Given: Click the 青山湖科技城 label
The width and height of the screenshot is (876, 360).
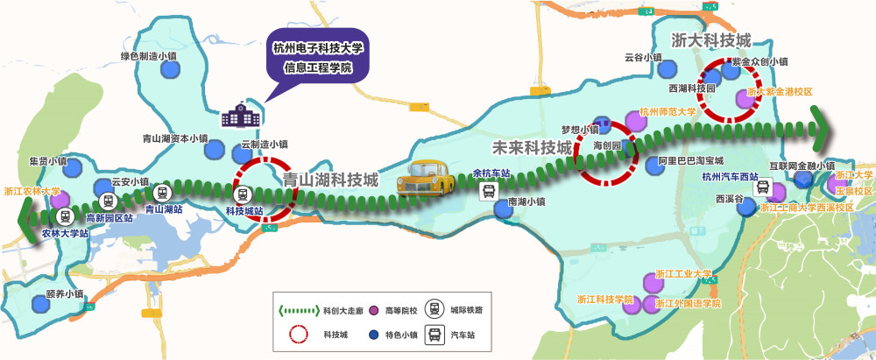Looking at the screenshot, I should click(x=330, y=180).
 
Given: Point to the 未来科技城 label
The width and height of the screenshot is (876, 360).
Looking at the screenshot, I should click(x=532, y=146).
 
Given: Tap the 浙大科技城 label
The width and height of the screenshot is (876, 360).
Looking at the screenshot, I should click(x=710, y=40).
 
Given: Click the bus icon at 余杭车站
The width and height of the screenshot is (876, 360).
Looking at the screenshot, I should click(x=486, y=191).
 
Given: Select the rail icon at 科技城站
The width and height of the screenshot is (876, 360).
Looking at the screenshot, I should click(x=244, y=194).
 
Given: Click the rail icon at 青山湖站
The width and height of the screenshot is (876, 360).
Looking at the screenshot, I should click(x=162, y=194).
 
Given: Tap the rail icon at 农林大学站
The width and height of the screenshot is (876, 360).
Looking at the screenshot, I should click(x=63, y=217).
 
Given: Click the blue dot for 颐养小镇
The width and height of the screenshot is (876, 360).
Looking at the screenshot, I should click(x=39, y=306).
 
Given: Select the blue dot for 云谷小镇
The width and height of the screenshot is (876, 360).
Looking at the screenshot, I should click(x=668, y=68).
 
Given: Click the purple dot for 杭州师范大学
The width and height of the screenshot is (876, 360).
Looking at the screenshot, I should click(x=634, y=121).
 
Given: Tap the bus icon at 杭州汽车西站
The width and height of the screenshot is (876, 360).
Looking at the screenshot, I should click(x=763, y=187).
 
